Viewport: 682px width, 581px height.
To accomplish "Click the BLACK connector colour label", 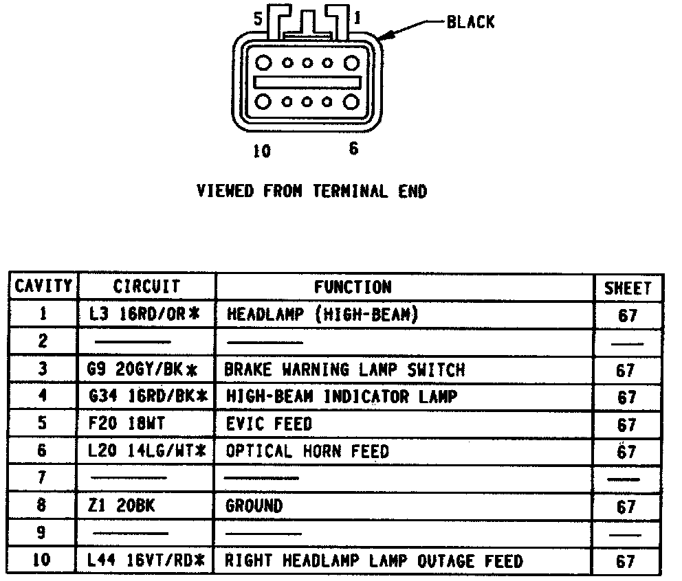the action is click(470, 22).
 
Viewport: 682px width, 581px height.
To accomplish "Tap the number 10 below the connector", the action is click(262, 151).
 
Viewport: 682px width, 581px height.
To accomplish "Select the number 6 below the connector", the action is click(353, 148).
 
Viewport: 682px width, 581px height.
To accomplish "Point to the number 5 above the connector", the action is click(258, 20).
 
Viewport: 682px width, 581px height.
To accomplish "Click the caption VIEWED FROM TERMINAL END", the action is click(311, 192).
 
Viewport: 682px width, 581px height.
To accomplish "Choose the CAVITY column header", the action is click(43, 286).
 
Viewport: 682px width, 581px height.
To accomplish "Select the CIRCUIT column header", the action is click(146, 286).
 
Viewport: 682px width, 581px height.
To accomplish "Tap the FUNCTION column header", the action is click(353, 286).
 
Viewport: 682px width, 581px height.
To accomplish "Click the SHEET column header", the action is click(627, 288).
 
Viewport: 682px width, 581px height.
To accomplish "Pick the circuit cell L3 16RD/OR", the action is click(144, 315).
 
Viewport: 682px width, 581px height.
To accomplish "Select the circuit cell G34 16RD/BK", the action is click(148, 397).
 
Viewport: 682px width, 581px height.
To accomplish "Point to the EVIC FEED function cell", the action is click(269, 424).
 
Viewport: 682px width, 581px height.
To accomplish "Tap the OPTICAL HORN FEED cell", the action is click(307, 451).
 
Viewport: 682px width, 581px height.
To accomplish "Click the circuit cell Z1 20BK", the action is click(122, 506).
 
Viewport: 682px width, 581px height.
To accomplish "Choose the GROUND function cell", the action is click(254, 506).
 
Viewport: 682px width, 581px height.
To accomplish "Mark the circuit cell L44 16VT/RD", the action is click(146, 560).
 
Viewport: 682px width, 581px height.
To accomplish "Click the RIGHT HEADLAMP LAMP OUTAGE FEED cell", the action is click(374, 560).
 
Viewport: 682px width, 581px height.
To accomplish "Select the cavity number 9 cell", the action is click(43, 533).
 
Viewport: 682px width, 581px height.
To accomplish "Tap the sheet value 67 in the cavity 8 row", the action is click(626, 508).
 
